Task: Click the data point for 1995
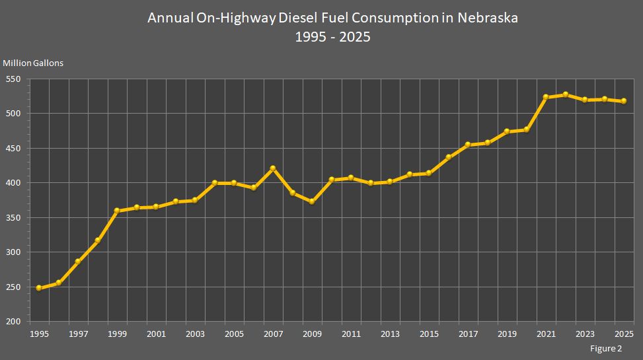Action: pyautogui.click(x=38, y=288)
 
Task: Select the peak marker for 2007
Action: pyautogui.click(x=273, y=168)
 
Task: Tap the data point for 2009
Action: pyautogui.click(x=312, y=201)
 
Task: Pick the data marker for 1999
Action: pyautogui.click(x=117, y=211)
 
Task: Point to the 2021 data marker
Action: pyautogui.click(x=546, y=97)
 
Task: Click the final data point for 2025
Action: pyautogui.click(x=624, y=101)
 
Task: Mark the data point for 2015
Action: pyautogui.click(x=429, y=173)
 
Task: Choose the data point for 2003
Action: pyautogui.click(x=195, y=200)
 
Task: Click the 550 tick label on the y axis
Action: pyautogui.click(x=13, y=79)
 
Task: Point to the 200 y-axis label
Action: pyautogui.click(x=13, y=322)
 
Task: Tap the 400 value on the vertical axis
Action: pyautogui.click(x=13, y=183)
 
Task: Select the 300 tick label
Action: pyautogui.click(x=13, y=252)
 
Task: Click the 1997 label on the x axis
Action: pyautogui.click(x=78, y=334)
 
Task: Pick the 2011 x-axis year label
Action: pyautogui.click(x=351, y=334)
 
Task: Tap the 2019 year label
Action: pyautogui.click(x=507, y=334)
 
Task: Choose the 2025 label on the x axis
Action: pyautogui.click(x=624, y=334)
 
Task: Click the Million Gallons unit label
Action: pyautogui.click(x=33, y=63)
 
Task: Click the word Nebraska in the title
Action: pyautogui.click(x=487, y=18)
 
